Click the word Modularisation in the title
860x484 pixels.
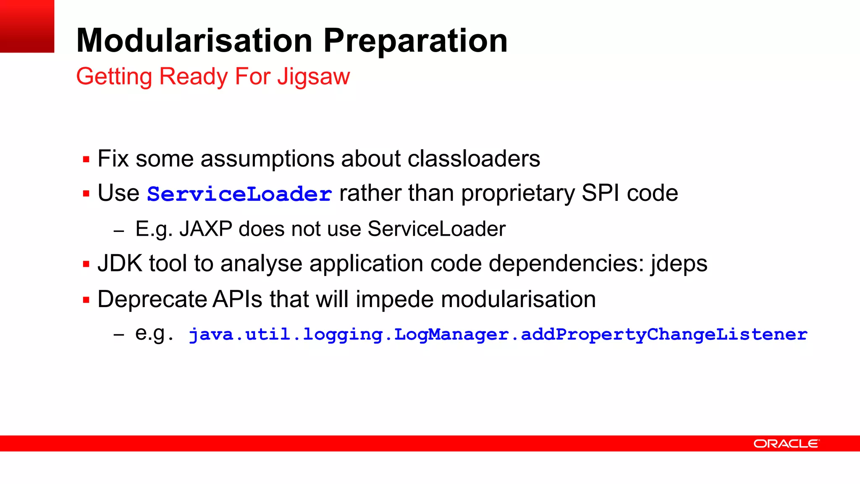[x=194, y=40]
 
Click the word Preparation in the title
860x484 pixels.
[x=415, y=41]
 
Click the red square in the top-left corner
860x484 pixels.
[x=27, y=26]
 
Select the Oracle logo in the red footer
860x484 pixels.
[x=786, y=444]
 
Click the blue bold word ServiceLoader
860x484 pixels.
[x=239, y=194]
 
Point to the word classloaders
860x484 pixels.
[x=474, y=159]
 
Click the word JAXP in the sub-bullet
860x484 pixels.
[x=206, y=229]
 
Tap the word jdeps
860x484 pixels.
[x=679, y=264]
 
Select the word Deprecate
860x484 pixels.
[x=152, y=300]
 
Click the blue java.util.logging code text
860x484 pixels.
[x=498, y=334]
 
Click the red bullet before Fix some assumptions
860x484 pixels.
[x=86, y=160]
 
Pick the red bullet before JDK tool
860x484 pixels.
[x=86, y=264]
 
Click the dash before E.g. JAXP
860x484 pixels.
[x=119, y=231]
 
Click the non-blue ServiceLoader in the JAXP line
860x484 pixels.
[x=436, y=229]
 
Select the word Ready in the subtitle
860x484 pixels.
[x=193, y=77]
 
